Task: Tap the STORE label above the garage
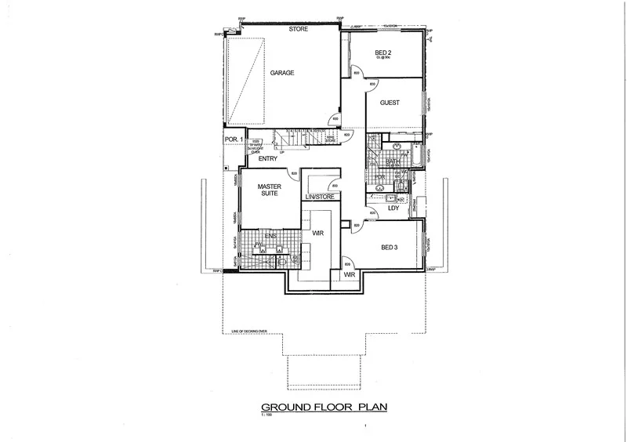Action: [x=298, y=29]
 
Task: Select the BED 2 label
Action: [x=382, y=53]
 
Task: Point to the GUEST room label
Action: [x=390, y=103]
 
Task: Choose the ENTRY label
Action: [x=268, y=158]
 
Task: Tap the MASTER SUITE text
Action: [x=270, y=191]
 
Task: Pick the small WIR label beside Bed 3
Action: [x=350, y=274]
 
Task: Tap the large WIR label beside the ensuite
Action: [x=318, y=234]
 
